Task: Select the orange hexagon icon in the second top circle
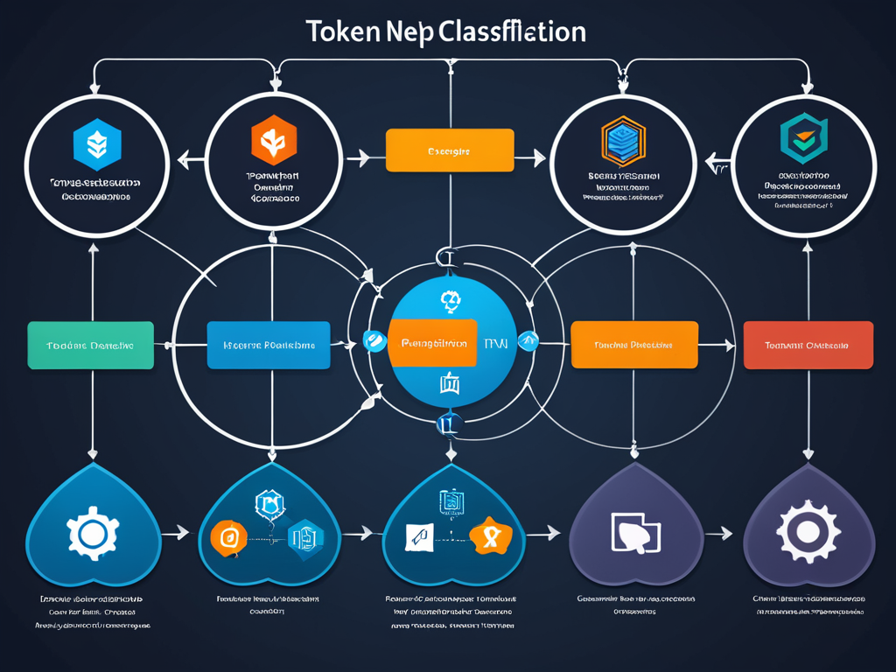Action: click(x=273, y=140)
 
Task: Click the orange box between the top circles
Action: click(x=449, y=150)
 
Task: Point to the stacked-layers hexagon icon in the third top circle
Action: click(x=623, y=140)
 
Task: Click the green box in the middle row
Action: click(x=90, y=345)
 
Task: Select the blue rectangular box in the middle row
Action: click(x=269, y=345)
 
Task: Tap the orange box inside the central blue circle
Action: click(x=432, y=343)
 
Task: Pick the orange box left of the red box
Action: click(x=634, y=345)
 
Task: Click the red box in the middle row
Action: click(x=808, y=345)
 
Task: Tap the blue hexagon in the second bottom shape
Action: click(x=306, y=535)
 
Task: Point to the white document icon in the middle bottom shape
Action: click(x=418, y=535)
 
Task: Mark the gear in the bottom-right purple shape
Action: click(x=808, y=531)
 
